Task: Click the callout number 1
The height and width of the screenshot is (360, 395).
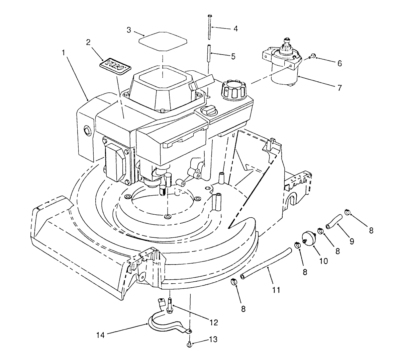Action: [x=64, y=53]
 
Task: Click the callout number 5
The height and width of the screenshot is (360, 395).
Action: [x=233, y=56]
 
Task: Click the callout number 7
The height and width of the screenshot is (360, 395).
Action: [x=339, y=88]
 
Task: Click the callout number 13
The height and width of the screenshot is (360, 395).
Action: [x=213, y=340]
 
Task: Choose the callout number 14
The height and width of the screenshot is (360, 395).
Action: [x=101, y=335]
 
